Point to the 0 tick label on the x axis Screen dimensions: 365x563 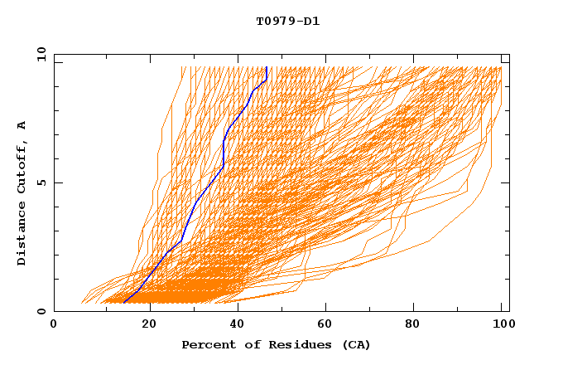coord(54,326)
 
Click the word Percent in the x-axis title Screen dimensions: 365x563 coord(207,344)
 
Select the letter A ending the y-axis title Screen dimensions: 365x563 coord(22,125)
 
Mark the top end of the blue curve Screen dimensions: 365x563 coord(267,68)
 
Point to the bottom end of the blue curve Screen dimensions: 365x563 coord(123,303)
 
